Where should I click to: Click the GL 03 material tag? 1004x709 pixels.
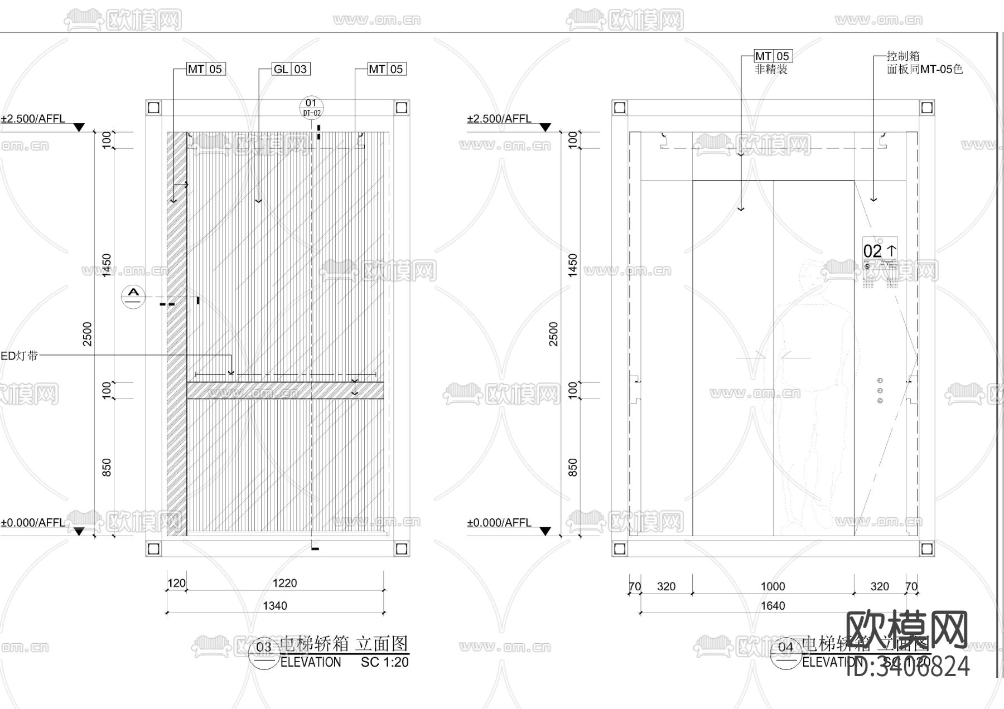(291, 69)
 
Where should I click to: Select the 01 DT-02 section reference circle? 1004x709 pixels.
(311, 107)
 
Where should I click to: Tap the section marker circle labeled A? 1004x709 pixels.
(133, 296)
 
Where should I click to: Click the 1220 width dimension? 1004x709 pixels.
(284, 583)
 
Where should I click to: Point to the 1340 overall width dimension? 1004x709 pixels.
(275, 606)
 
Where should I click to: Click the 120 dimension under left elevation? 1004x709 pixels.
(176, 583)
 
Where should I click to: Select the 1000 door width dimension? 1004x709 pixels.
(773, 586)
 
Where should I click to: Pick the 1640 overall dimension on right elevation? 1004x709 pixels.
(773, 606)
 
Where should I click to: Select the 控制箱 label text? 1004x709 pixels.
(903, 56)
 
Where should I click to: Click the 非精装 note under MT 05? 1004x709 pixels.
(771, 70)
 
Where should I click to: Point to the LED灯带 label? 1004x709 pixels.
(19, 356)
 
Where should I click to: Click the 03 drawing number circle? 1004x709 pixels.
(263, 647)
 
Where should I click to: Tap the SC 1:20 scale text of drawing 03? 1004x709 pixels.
(384, 662)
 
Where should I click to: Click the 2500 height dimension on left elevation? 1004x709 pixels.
(88, 333)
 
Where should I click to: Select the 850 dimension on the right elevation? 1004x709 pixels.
(572, 467)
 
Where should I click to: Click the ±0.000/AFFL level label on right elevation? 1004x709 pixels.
(499, 523)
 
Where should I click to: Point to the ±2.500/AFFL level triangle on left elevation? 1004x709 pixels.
(79, 128)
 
